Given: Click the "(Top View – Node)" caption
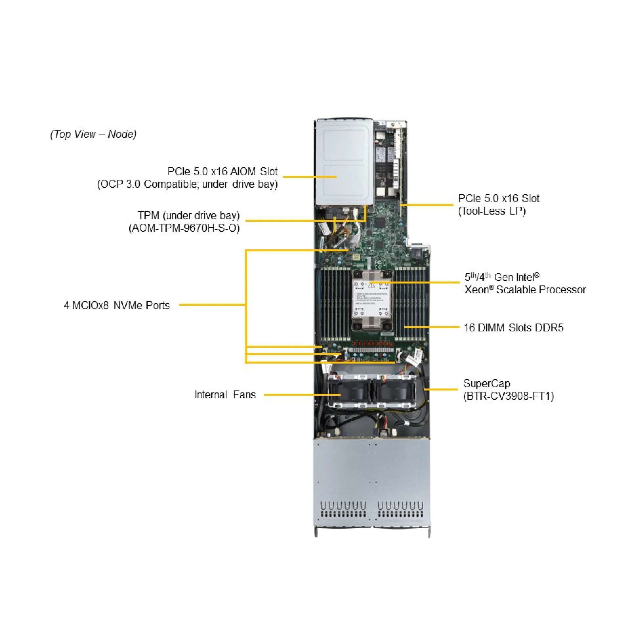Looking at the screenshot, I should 93,134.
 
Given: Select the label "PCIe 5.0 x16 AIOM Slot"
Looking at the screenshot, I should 222,171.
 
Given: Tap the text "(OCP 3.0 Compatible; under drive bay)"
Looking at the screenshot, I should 187,184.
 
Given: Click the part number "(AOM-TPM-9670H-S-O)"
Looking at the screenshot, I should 184,228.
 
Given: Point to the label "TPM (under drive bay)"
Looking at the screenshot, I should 189,215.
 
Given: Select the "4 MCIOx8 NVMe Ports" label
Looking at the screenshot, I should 117,305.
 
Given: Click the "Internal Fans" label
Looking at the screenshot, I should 225,394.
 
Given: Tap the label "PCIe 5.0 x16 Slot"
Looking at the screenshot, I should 498,198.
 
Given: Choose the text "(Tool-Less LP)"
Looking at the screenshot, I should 492,211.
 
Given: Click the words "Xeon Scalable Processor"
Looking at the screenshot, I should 525,289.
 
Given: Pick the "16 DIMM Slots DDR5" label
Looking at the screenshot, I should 513,327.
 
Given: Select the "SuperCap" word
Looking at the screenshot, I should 487,383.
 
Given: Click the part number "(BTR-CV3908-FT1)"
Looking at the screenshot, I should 509,396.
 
